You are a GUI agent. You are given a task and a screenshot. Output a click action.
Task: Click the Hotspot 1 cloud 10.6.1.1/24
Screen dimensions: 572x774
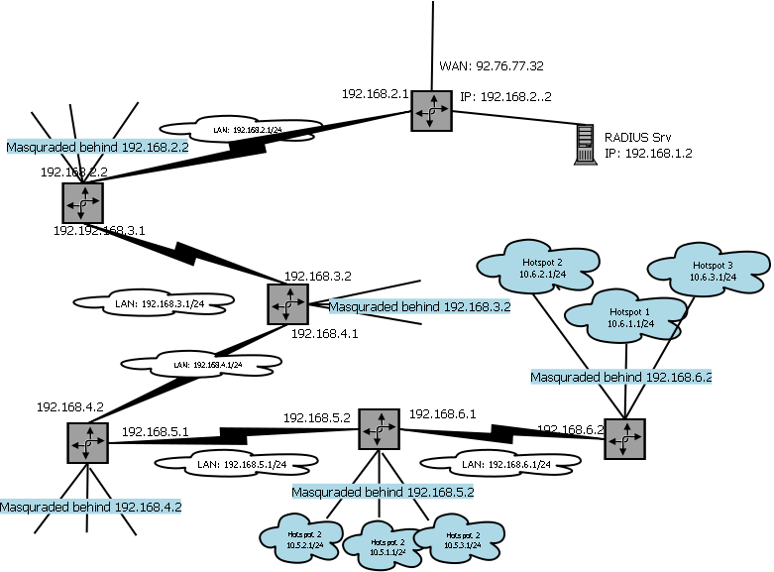pyautogui.click(x=623, y=315)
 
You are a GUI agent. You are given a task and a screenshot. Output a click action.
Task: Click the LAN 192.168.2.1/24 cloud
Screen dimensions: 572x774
pyautogui.click(x=241, y=129)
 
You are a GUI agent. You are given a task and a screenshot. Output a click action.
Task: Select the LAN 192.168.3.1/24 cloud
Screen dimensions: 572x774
pyautogui.click(x=155, y=304)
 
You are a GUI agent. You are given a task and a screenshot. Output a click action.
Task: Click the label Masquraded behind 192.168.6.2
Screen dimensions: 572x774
pyautogui.click(x=621, y=377)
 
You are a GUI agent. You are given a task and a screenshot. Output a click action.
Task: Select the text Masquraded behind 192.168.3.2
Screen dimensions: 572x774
pyautogui.click(x=418, y=307)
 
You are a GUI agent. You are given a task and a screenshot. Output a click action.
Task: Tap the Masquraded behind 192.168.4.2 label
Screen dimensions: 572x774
pyautogui.click(x=90, y=506)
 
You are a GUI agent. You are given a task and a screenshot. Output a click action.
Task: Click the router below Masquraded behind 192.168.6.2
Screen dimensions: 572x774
pyautogui.click(x=624, y=438)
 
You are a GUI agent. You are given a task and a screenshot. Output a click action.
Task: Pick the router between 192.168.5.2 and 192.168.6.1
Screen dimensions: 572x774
pyautogui.click(x=378, y=429)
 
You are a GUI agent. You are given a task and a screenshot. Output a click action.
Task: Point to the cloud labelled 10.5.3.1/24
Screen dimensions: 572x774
pyautogui.click(x=452, y=540)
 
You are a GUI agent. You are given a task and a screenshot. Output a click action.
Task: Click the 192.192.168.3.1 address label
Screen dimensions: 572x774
pyautogui.click(x=99, y=230)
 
